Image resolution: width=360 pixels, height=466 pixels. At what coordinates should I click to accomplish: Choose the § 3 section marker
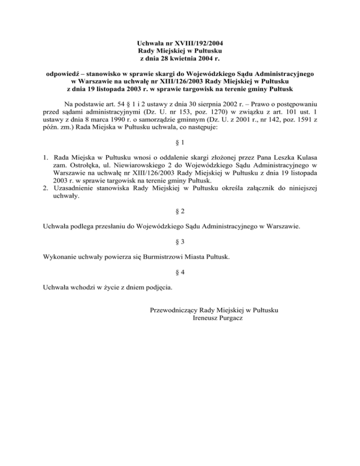click(180, 241)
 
